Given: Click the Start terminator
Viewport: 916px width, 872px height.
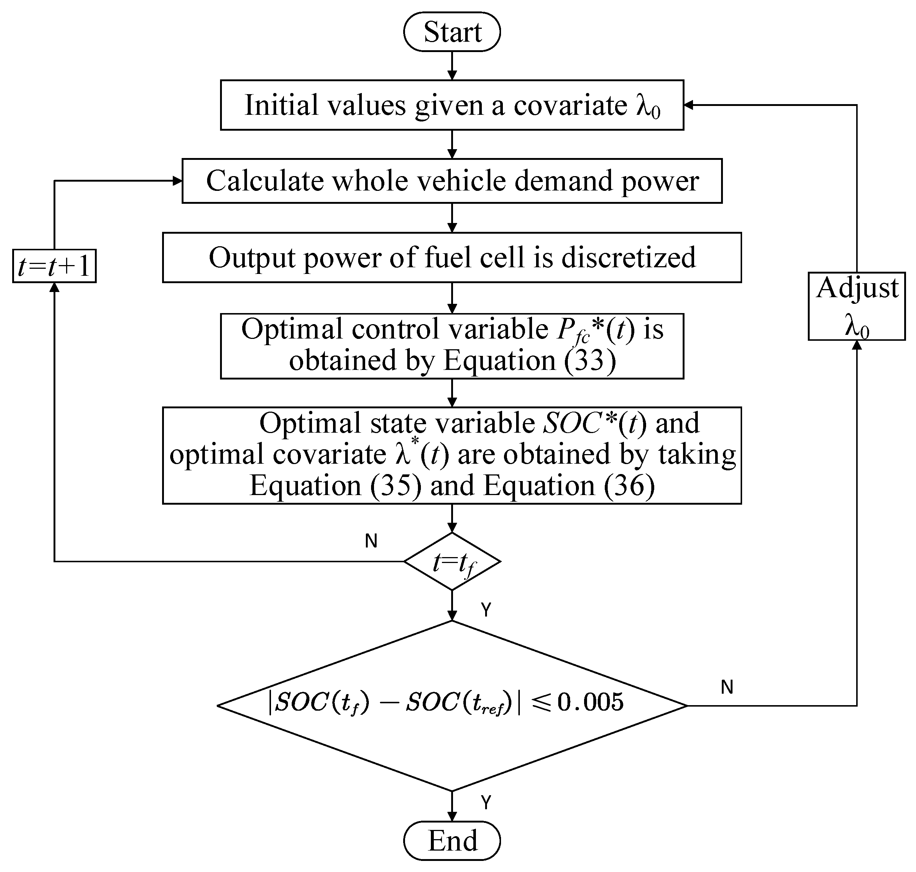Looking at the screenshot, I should point(452,32).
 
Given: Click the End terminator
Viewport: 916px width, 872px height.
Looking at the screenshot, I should point(452,840).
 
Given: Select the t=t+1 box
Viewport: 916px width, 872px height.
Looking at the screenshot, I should point(54,266).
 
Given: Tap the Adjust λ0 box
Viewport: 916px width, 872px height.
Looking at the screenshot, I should point(857,306).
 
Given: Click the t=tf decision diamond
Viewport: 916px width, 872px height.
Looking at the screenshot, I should point(452,562).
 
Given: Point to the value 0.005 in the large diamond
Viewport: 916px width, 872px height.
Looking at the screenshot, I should point(590,702).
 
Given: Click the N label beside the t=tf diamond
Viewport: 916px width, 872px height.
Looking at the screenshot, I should point(371,540).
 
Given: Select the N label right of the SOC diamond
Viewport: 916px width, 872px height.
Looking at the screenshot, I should point(727,687).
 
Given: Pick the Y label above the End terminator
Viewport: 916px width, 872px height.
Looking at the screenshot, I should point(486,802).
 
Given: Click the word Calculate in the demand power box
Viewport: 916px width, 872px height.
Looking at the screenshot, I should point(264,181).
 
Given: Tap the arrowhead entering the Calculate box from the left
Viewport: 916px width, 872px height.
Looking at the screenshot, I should point(177,181).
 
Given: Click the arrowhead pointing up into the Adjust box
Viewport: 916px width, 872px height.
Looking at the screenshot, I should point(857,345).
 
